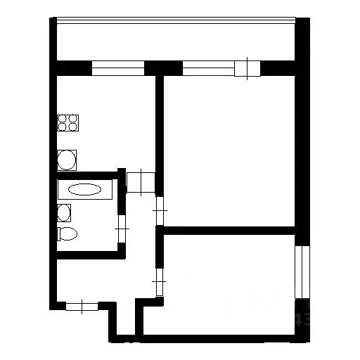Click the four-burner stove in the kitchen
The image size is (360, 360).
(x=67, y=124)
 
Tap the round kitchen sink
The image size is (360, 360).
(x=67, y=160)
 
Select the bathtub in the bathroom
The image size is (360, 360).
(x=85, y=190)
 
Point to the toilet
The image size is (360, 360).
(x=67, y=234)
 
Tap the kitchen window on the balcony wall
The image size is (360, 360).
(x=117, y=68)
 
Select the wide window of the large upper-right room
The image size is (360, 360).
(x=209, y=68)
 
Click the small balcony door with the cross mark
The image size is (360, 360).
(x=247, y=68)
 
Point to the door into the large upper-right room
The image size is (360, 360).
(x=160, y=207)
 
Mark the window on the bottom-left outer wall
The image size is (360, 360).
(x=82, y=305)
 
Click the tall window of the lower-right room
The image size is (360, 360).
(x=301, y=271)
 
